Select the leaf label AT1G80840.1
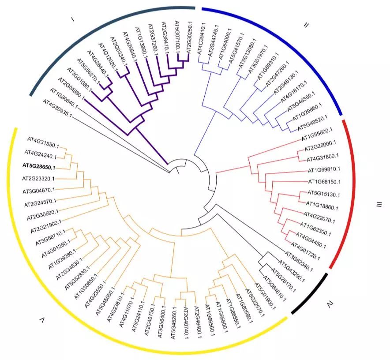(x=64, y=98)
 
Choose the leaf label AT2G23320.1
(x=38, y=179)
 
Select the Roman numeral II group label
(x=306, y=25)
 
